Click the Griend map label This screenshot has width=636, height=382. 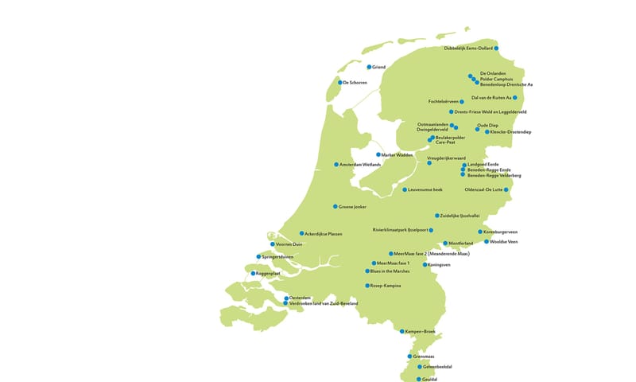379,68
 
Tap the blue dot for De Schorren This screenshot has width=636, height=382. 339,83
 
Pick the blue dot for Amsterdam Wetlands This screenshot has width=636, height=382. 336,165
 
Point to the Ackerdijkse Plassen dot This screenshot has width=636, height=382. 302,234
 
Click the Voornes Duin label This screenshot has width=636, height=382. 289,244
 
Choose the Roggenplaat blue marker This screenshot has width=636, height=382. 254,274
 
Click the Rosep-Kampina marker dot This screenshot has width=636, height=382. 366,286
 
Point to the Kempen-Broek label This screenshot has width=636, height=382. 421,331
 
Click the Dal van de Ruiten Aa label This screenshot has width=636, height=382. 491,98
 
